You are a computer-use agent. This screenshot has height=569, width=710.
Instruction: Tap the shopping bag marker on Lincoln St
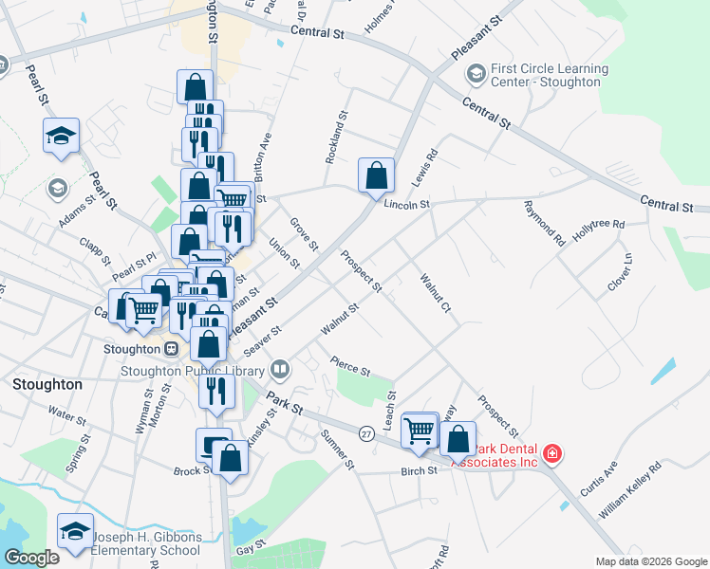(376, 174)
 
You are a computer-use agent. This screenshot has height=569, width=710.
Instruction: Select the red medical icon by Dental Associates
(551, 455)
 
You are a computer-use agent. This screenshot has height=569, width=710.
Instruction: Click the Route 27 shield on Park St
(366, 432)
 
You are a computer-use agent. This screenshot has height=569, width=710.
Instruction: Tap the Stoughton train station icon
(172, 348)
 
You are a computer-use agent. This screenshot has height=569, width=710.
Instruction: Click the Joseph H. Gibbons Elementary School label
(146, 543)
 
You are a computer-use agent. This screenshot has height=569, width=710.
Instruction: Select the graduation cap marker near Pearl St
(61, 137)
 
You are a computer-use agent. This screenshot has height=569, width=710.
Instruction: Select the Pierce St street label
(349, 364)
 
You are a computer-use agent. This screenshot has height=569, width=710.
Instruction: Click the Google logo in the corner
(31, 558)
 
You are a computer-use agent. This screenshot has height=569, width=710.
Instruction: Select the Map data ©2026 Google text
(650, 561)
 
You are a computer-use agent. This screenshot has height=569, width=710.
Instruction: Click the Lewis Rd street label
(424, 166)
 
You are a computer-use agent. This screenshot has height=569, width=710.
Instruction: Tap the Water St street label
(66, 414)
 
